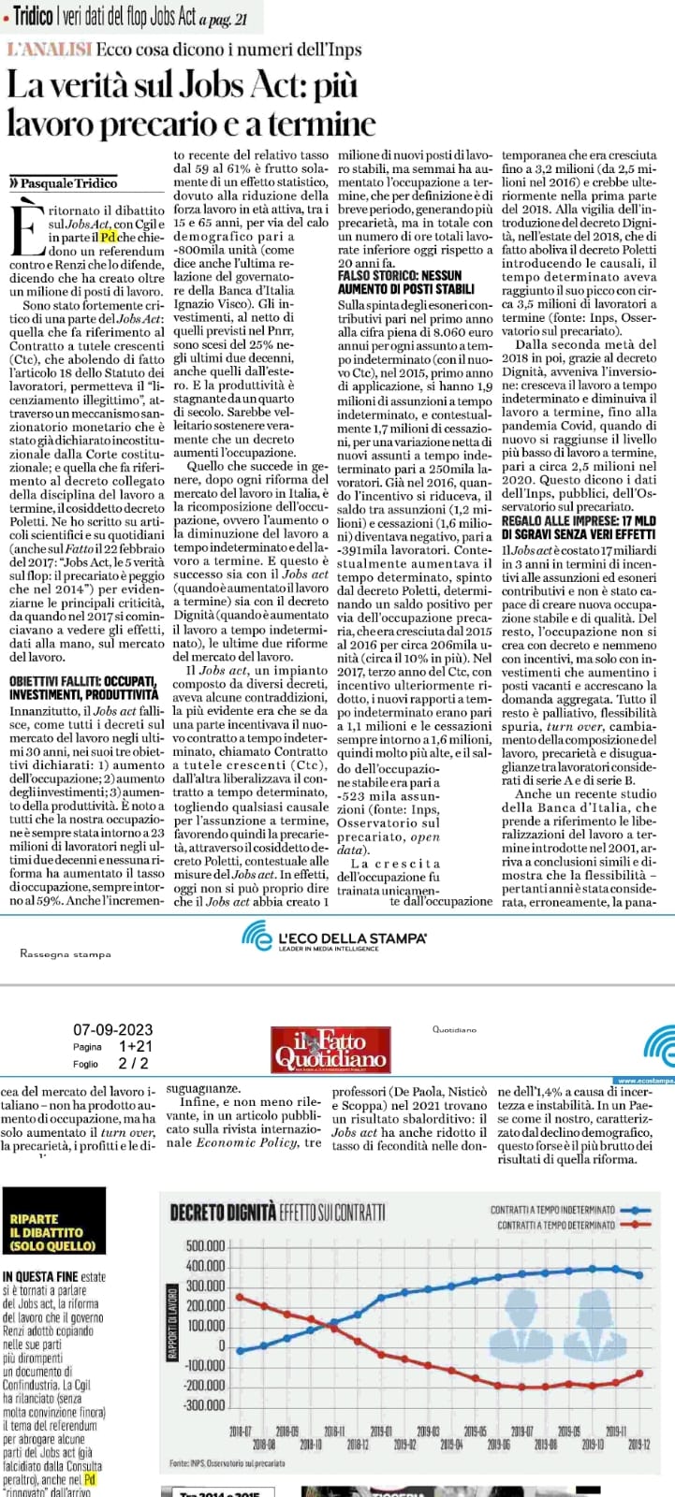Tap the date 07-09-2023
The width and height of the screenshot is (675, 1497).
point(112,1030)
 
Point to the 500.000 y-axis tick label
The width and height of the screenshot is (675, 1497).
point(206,1246)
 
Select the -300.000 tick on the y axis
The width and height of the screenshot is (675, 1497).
point(205,1405)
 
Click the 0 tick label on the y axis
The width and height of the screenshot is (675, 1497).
point(221,1345)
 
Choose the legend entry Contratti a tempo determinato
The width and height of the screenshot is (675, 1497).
point(556,1225)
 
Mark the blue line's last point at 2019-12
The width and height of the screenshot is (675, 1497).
point(639,1274)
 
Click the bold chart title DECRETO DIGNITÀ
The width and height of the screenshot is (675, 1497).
point(223,1214)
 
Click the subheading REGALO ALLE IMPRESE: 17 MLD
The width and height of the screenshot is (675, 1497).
point(578,521)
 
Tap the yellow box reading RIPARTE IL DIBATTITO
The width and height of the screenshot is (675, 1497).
point(53,1232)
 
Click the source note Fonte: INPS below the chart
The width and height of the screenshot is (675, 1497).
point(227,1461)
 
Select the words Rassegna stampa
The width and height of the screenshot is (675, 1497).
point(65,953)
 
